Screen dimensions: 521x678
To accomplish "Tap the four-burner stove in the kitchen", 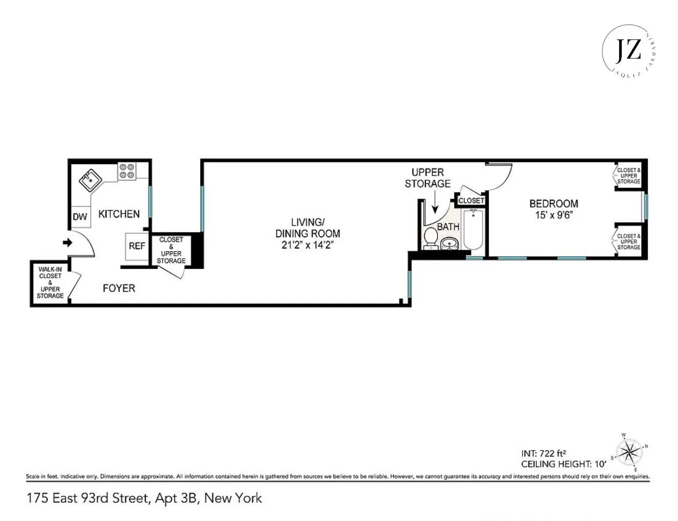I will click(x=127, y=170).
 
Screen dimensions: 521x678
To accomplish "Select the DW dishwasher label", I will click(x=80, y=217).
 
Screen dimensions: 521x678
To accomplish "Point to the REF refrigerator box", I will click(x=137, y=246).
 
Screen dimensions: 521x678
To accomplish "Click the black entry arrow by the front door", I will click(x=67, y=243).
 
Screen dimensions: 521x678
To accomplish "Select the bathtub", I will click(x=474, y=229).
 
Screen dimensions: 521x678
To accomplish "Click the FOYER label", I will click(x=119, y=288).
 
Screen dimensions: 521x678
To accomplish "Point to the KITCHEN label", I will click(x=119, y=214).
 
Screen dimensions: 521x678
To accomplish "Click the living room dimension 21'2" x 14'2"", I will click(x=308, y=245).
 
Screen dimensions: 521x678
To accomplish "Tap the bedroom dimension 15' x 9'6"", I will click(x=553, y=214).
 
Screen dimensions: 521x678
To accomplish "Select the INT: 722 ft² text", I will click(x=543, y=453).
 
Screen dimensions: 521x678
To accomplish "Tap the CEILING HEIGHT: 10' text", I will click(x=563, y=464).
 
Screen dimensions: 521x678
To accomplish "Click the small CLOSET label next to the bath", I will click(x=471, y=200).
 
